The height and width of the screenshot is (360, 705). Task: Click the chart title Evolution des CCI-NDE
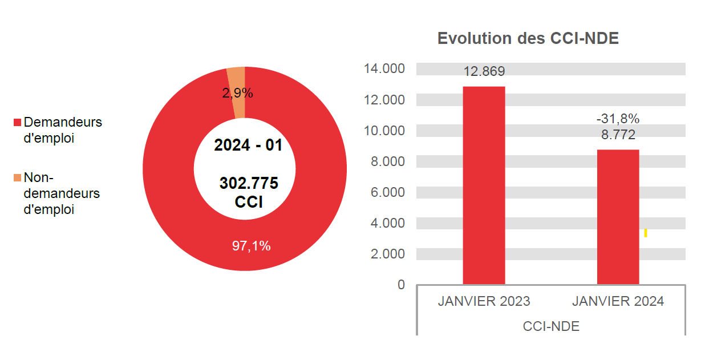point(528,39)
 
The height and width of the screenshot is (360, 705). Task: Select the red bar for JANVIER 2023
point(484,185)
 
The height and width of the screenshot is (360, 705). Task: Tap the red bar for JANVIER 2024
point(618,217)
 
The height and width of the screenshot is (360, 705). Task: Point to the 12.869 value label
point(484,72)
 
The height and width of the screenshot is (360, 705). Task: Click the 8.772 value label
point(618,135)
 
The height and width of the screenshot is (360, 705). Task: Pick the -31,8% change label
point(618,119)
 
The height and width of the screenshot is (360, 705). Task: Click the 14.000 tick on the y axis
point(384,69)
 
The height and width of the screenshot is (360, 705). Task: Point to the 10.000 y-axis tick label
point(384,131)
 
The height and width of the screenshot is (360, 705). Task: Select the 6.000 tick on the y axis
point(387,192)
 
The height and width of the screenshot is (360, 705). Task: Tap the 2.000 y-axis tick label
point(387,254)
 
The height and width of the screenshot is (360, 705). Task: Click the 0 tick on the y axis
point(401,285)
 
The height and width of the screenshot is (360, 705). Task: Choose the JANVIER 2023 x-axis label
point(484,301)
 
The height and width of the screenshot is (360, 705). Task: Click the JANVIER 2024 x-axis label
point(618,301)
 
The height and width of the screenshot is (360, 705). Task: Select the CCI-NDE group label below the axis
point(550,326)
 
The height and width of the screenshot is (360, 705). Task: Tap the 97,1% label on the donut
point(251,246)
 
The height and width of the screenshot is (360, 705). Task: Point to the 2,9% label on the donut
point(237,94)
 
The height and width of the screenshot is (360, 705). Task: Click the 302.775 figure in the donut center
point(249,184)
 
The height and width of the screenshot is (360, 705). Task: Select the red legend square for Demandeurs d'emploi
point(17,123)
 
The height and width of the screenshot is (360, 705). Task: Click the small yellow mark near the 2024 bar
point(645,233)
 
